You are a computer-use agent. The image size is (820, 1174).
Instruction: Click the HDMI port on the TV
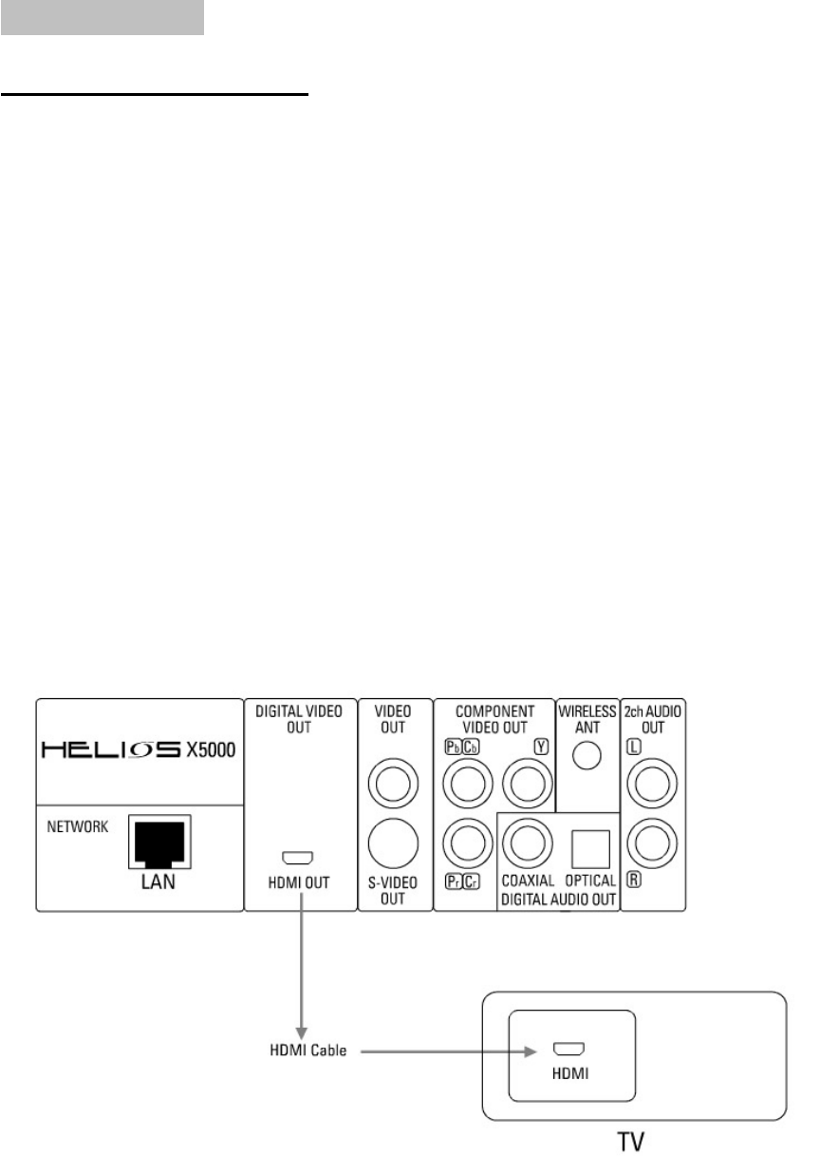coord(568,1050)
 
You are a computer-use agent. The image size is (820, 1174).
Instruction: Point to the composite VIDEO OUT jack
coord(393,785)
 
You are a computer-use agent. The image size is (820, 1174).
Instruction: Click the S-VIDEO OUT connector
coord(393,841)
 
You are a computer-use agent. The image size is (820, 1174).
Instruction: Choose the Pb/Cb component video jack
coord(465,785)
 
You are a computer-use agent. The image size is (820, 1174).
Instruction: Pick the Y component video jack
coord(526,785)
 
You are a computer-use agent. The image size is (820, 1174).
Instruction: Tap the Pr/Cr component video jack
coord(465,841)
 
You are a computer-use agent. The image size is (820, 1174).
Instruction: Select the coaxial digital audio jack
coord(526,841)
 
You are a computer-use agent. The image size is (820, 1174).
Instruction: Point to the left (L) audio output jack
coord(655,785)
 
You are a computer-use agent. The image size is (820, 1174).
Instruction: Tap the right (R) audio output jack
coord(655,841)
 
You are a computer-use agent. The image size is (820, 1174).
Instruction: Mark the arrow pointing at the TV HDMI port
coord(446,1051)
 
